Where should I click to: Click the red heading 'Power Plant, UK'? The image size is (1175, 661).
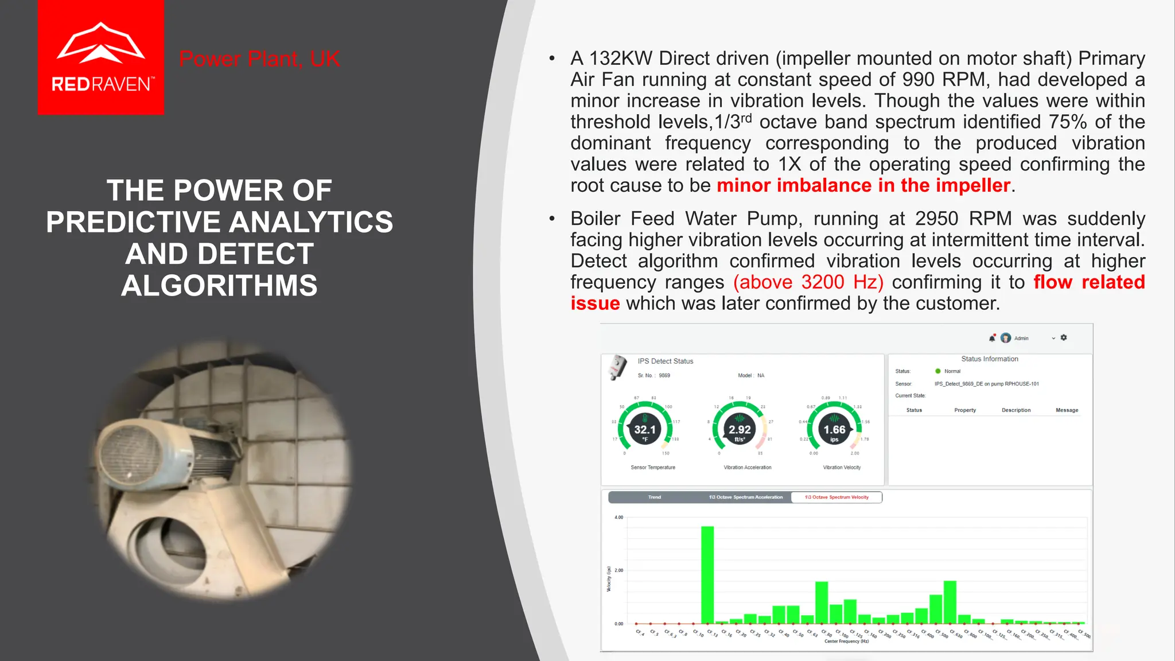coord(259,59)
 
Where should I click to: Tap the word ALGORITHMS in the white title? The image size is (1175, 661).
coord(219,285)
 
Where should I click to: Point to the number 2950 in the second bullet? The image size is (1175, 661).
coord(936,219)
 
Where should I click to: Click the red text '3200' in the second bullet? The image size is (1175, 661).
coord(823,282)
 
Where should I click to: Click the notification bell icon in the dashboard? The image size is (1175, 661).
coord(992,338)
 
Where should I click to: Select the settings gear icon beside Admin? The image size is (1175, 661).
coord(1064,338)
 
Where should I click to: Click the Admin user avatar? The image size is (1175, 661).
coord(1006,338)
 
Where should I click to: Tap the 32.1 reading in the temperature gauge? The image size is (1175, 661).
coord(645,430)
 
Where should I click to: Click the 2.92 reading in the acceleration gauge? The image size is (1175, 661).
coord(740,430)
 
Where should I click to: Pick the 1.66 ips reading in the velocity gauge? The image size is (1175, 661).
coord(834,430)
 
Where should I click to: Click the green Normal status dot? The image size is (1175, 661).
coord(938,371)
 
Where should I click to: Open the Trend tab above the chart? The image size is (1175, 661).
coord(655,497)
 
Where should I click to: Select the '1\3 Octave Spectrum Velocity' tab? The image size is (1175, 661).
coord(836,497)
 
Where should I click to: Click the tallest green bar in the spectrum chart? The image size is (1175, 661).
coord(707,574)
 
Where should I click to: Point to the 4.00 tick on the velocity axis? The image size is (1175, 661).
coord(618,518)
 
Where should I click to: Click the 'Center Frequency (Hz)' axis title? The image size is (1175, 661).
coord(846,641)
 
